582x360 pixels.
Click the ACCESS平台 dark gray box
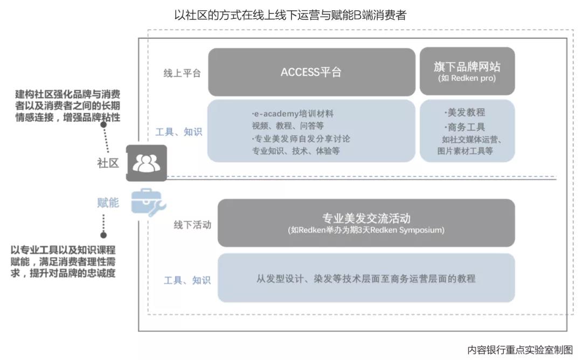[x=311, y=72]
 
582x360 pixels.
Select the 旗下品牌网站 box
[x=467, y=71]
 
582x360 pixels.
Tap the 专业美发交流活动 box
[x=366, y=223]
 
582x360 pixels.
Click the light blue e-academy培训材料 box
[x=311, y=131]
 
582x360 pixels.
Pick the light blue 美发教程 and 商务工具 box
[x=467, y=131]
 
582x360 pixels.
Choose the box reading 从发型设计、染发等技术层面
[x=366, y=278]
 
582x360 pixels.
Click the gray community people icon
[x=146, y=163]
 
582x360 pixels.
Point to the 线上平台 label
[x=182, y=73]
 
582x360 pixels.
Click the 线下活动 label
[x=192, y=225]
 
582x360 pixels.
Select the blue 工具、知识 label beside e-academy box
[x=178, y=131]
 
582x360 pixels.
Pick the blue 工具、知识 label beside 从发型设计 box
[x=187, y=280]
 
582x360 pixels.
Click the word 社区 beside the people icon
[x=108, y=163]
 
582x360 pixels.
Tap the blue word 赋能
[x=108, y=203]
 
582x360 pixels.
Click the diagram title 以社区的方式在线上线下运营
[x=290, y=15]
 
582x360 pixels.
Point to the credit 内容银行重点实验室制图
[x=520, y=350]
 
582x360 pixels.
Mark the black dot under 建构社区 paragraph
[x=103, y=124]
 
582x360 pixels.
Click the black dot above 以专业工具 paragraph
[x=103, y=235]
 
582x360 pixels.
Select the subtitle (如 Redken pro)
[x=467, y=78]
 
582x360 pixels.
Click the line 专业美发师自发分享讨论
[x=301, y=139]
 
